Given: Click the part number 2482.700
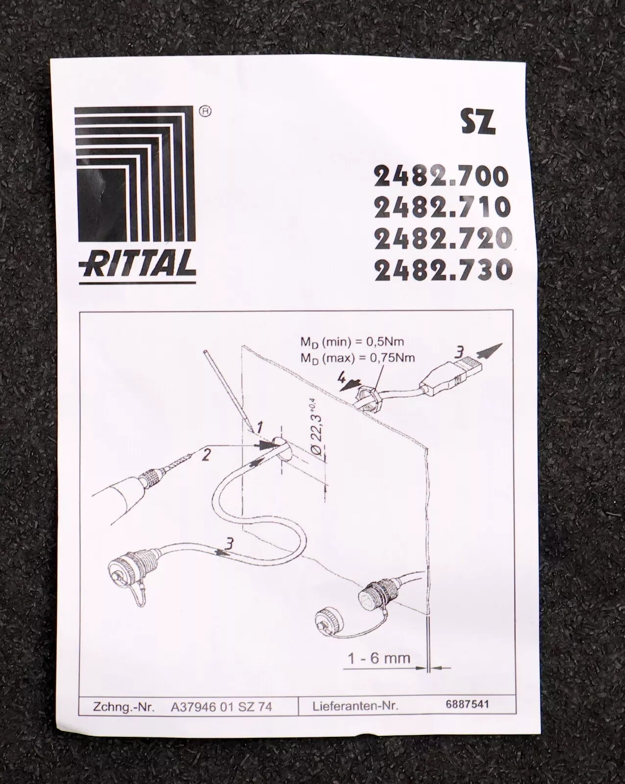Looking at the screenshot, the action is pyautogui.click(x=441, y=176).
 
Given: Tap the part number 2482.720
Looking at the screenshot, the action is pyautogui.click(x=443, y=238).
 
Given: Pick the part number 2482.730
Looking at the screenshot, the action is pyautogui.click(x=443, y=269).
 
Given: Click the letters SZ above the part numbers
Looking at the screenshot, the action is pyautogui.click(x=479, y=123).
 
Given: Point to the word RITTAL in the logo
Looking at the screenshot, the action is pyautogui.click(x=137, y=264).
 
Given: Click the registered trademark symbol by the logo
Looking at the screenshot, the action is pyautogui.click(x=206, y=112).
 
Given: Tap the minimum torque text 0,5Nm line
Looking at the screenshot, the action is pyautogui.click(x=352, y=342).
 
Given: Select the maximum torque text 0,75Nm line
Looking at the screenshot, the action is pyautogui.click(x=357, y=358).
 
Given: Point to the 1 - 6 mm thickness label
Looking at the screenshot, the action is pyautogui.click(x=379, y=658).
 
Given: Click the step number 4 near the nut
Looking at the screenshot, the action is pyautogui.click(x=341, y=378).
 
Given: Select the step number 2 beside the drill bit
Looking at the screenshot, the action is pyautogui.click(x=206, y=455).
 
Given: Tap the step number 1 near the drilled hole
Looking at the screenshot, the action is pyautogui.click(x=259, y=427).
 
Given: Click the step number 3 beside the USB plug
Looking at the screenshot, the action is pyautogui.click(x=460, y=351).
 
